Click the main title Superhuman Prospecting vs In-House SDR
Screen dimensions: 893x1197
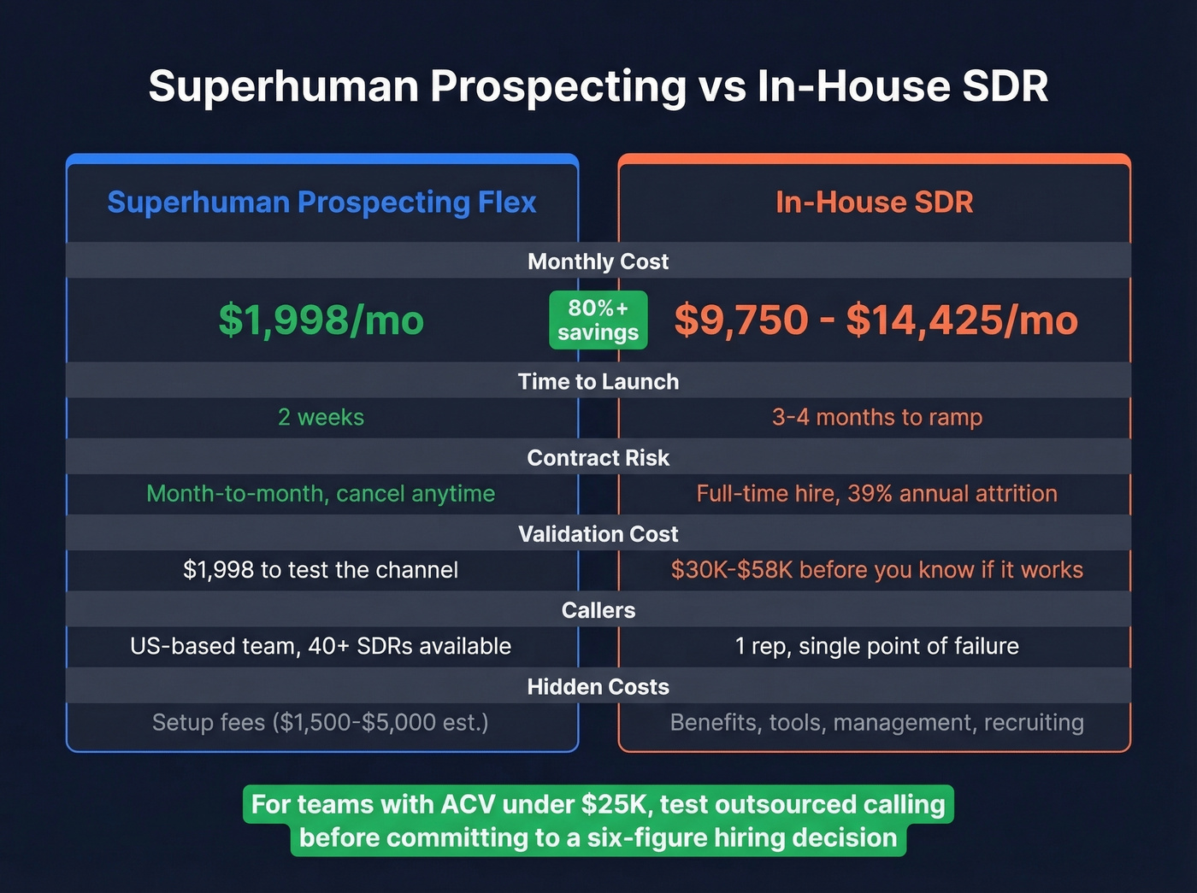pos(598,86)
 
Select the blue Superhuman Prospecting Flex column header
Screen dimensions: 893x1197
pos(321,203)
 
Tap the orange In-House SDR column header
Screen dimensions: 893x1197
pos(874,203)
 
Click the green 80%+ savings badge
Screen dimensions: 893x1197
pos(598,320)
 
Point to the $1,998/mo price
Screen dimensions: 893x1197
pos(321,320)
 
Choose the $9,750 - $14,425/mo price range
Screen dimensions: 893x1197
pos(876,320)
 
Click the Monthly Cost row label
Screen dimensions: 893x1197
pos(598,261)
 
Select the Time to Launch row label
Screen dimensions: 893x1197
pos(598,382)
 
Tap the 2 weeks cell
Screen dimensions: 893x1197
pos(321,417)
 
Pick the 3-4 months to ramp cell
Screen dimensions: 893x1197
pos(876,417)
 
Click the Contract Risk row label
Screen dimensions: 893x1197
pos(598,458)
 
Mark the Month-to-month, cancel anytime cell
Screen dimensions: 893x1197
pos(321,494)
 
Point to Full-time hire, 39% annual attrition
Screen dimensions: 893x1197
pos(876,494)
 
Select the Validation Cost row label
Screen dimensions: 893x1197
pos(598,534)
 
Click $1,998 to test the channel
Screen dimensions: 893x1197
pos(321,570)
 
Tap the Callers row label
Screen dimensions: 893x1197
pos(598,610)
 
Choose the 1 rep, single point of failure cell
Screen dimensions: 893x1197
pos(876,646)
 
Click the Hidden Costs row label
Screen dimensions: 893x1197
pos(598,687)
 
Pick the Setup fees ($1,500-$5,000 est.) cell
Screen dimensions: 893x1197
pos(321,723)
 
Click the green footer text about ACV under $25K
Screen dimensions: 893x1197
pos(598,821)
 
